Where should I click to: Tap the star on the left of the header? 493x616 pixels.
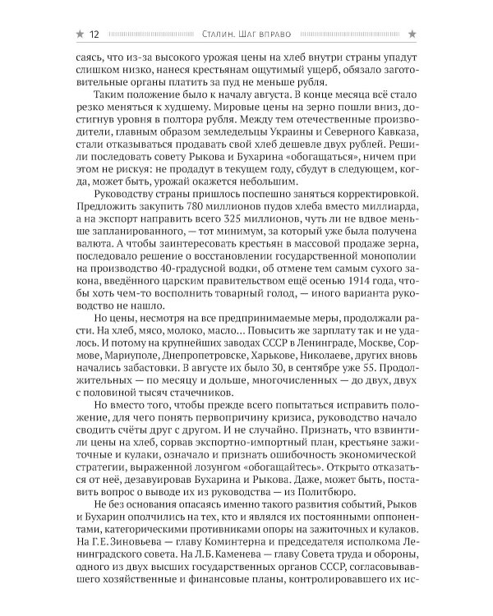[79, 33]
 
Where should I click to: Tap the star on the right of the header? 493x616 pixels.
[412, 33]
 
